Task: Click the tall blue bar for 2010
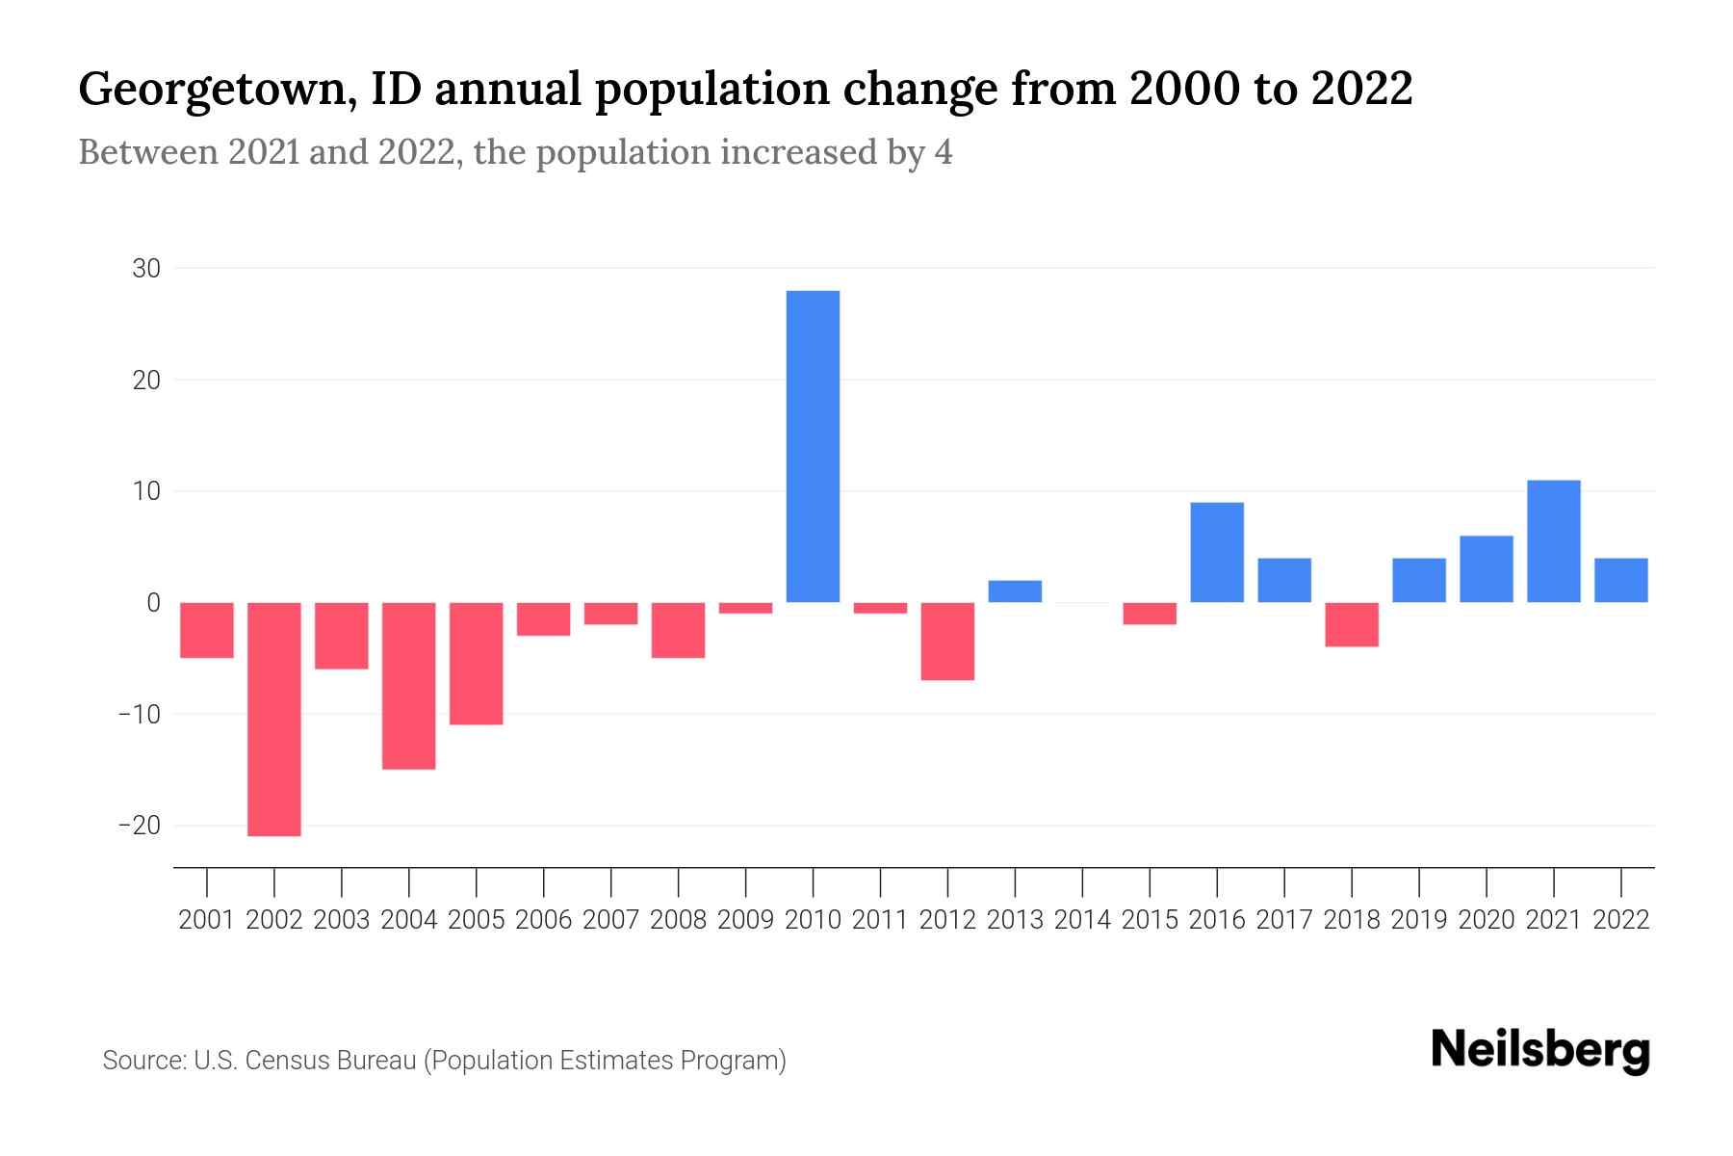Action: [x=813, y=446]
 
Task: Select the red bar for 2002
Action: [x=274, y=719]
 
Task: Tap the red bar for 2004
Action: [x=409, y=685]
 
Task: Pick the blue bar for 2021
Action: [x=1554, y=541]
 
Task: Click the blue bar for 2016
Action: [x=1217, y=552]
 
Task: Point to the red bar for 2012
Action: [x=947, y=641]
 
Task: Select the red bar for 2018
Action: [x=1352, y=624]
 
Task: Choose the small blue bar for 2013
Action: [x=1015, y=591]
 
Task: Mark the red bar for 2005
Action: [x=477, y=663]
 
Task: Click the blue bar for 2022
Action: [x=1621, y=580]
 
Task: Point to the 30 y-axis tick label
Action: [x=146, y=269]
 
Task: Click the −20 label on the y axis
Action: [x=139, y=826]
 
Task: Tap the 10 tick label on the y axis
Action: [x=146, y=491]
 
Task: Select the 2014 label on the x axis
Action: [x=1082, y=920]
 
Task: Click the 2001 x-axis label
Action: [x=207, y=920]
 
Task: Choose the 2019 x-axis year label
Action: [x=1419, y=920]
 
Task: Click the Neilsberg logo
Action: [x=1540, y=1051]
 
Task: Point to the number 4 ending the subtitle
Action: [x=943, y=153]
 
